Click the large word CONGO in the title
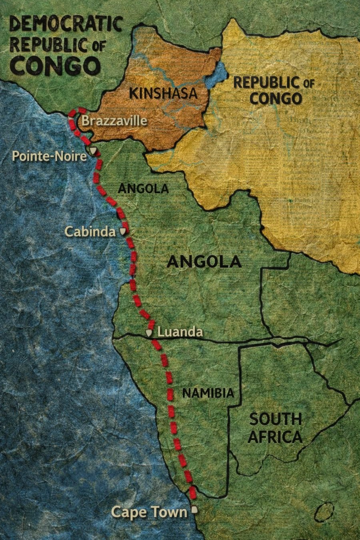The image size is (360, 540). [56, 66]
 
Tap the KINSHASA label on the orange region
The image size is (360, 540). [164, 93]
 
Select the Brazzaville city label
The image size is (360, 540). [114, 121]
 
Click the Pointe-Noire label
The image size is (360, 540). [49, 156]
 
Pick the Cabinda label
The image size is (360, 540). [87, 231]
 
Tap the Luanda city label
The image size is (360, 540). [180, 332]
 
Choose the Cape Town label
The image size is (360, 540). [149, 512]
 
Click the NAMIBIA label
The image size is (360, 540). [208, 393]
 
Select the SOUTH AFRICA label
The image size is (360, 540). [275, 428]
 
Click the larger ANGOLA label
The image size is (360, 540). [204, 262]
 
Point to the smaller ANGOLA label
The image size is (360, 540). [143, 188]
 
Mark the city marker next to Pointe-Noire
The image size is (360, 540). [93, 151]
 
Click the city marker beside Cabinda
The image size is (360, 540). [123, 231]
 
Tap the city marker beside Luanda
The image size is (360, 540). [150, 332]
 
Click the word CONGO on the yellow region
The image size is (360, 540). [275, 98]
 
